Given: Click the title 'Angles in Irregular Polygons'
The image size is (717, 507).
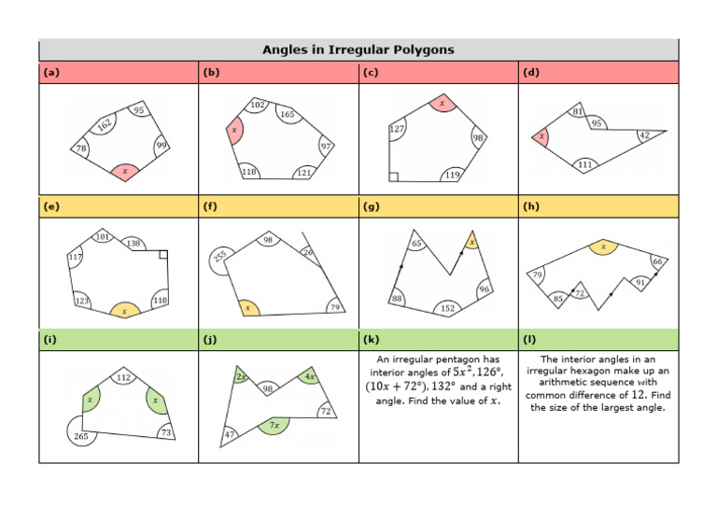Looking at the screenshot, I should [358, 49].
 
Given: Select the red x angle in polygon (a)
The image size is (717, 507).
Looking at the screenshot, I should [124, 171].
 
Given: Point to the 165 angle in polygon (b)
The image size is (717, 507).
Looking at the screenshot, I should [288, 115].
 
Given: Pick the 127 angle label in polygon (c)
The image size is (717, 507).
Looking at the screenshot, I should [396, 130].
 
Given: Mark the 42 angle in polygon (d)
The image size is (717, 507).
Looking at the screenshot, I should [643, 135].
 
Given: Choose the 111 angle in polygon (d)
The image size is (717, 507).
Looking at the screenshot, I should [584, 164].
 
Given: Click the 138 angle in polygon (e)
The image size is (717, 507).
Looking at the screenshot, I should [134, 244].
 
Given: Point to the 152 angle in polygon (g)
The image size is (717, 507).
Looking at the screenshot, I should [447, 308].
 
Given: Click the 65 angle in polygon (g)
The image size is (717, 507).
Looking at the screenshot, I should [416, 244].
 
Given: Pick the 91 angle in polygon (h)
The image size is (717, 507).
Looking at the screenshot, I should [640, 282].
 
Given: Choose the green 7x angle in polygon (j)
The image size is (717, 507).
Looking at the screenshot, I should [274, 425].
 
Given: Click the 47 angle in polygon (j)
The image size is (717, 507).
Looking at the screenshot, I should [230, 435].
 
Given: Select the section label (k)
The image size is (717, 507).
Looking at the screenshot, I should [373, 340].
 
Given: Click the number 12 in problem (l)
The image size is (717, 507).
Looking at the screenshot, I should [631, 395].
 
